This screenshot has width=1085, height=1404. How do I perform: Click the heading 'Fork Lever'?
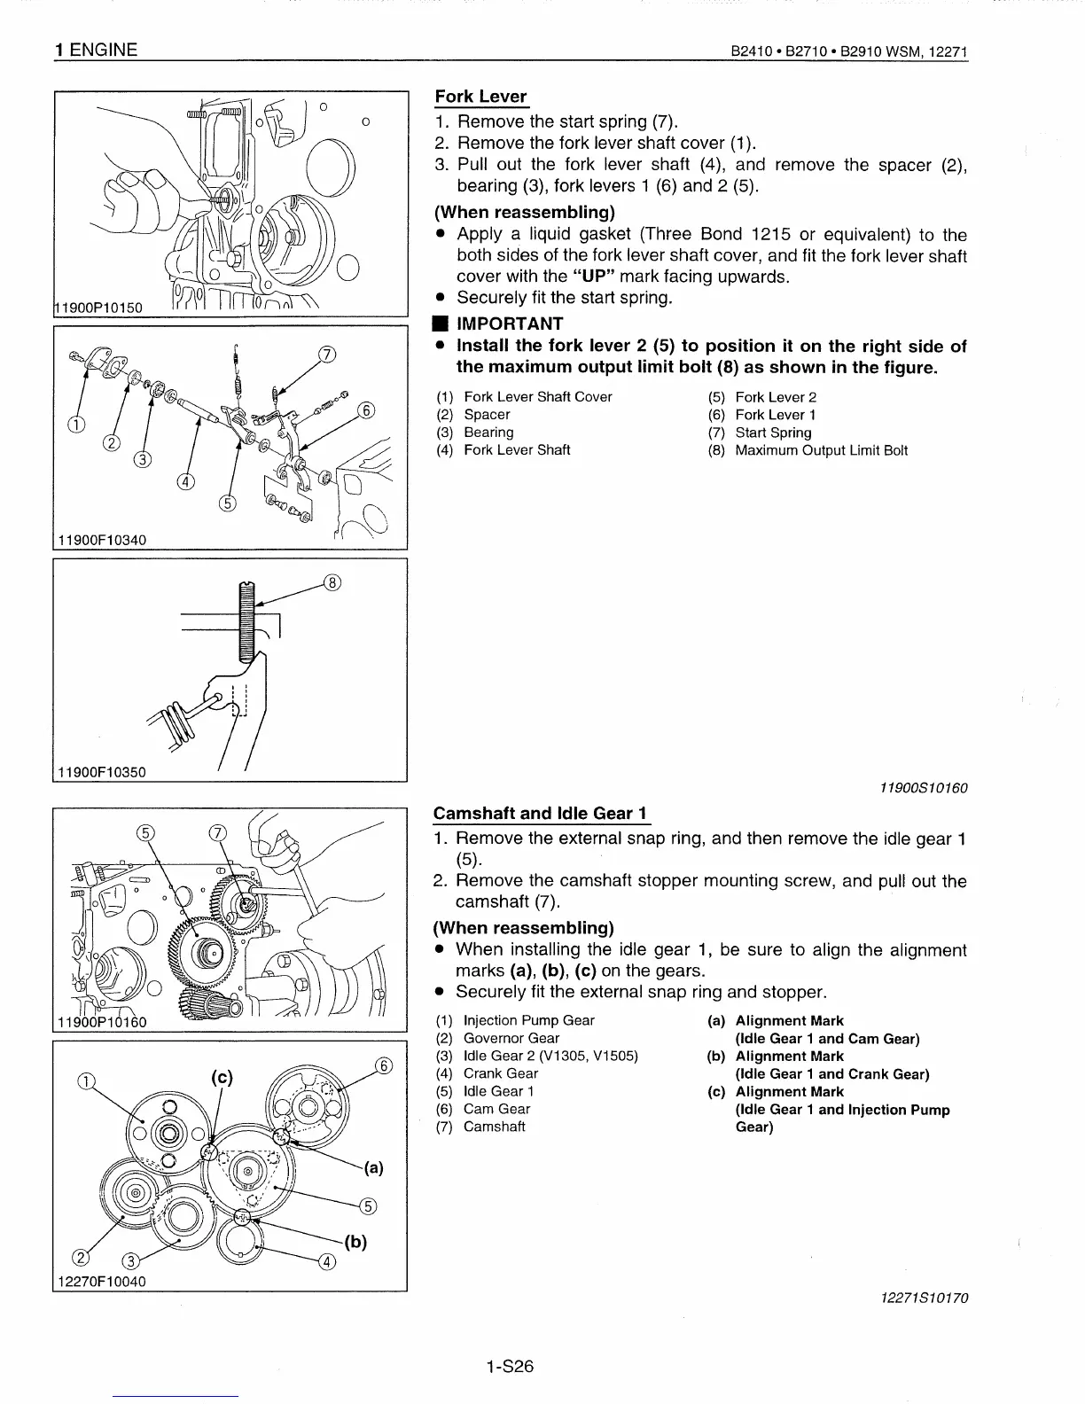point(480,97)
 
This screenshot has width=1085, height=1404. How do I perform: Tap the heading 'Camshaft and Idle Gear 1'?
point(541,814)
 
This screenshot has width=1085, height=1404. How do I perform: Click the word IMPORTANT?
point(510,324)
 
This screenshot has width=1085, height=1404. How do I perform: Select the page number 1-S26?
point(510,1366)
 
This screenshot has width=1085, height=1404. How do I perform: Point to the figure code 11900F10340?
point(103,540)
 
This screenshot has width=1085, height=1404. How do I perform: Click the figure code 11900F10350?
point(103,771)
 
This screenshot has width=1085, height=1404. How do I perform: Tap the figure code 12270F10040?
point(101,1282)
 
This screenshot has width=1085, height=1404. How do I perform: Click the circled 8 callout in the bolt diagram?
point(332,582)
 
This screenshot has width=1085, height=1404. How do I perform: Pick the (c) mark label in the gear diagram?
point(222,1078)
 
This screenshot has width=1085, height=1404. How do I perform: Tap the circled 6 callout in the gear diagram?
point(384,1066)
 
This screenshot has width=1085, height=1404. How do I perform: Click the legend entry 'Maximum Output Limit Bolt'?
point(821,450)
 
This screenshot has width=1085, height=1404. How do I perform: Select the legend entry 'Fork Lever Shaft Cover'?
point(537,397)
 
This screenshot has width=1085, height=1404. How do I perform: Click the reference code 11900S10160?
point(924,787)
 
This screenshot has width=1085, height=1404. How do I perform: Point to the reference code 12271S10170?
point(924,1298)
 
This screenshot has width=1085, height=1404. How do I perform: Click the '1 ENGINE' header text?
point(95,50)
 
